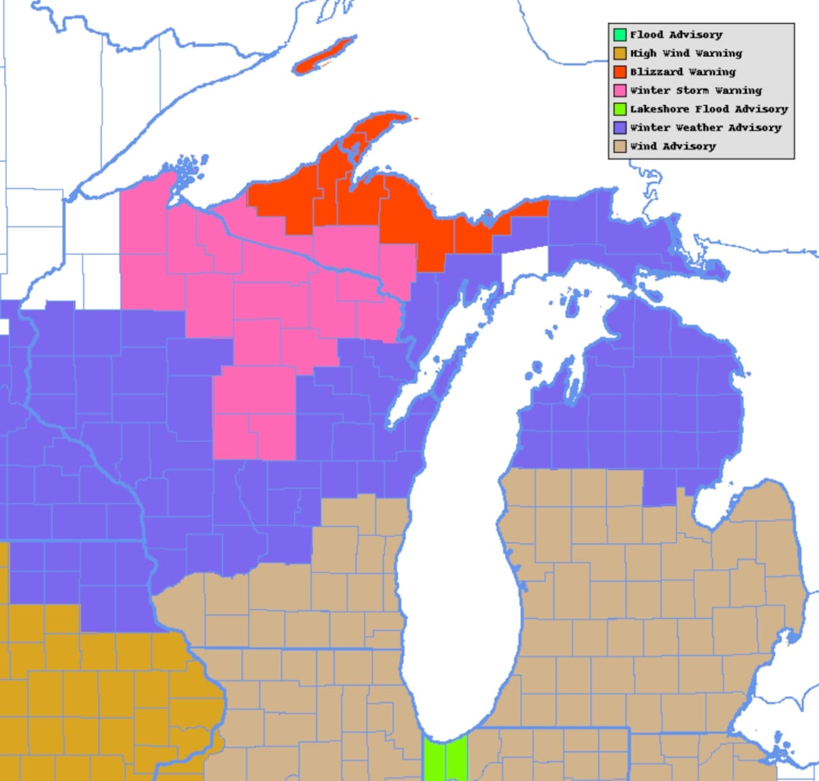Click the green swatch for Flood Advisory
tap(619, 35)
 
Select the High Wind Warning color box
tap(619, 53)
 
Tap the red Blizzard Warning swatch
tap(619, 72)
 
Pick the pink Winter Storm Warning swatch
tap(619, 90)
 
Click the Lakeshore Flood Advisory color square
tap(619, 109)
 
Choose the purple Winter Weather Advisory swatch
tap(619, 127)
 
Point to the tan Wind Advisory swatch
tap(619, 146)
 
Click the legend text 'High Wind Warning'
tap(686, 53)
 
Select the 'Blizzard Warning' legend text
tap(683, 72)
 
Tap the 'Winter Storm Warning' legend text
tap(696, 90)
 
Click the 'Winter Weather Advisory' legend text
tap(706, 127)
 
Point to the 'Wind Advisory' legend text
tap(672, 146)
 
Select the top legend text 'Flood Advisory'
tap(676, 35)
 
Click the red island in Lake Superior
tap(324, 56)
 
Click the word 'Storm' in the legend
tap(692, 90)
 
